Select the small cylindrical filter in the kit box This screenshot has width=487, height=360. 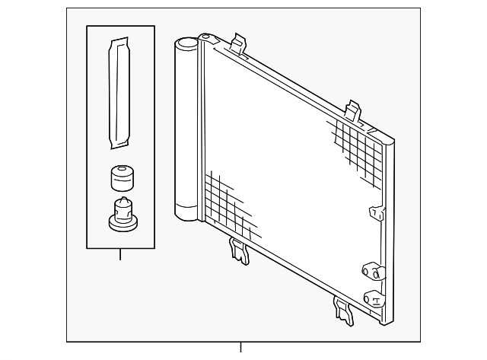[121, 179]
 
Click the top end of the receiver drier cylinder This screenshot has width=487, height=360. [186, 45]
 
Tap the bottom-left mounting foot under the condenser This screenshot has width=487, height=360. [238, 251]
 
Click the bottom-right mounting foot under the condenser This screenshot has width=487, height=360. [343, 310]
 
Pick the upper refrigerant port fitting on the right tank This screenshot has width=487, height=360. [371, 272]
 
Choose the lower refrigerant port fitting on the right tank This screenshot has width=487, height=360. [372, 298]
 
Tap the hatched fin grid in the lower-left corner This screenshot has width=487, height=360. [224, 199]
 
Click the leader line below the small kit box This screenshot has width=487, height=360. [120, 254]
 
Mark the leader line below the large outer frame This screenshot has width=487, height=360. [241, 347]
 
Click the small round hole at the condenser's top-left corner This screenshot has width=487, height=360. [205, 37]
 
